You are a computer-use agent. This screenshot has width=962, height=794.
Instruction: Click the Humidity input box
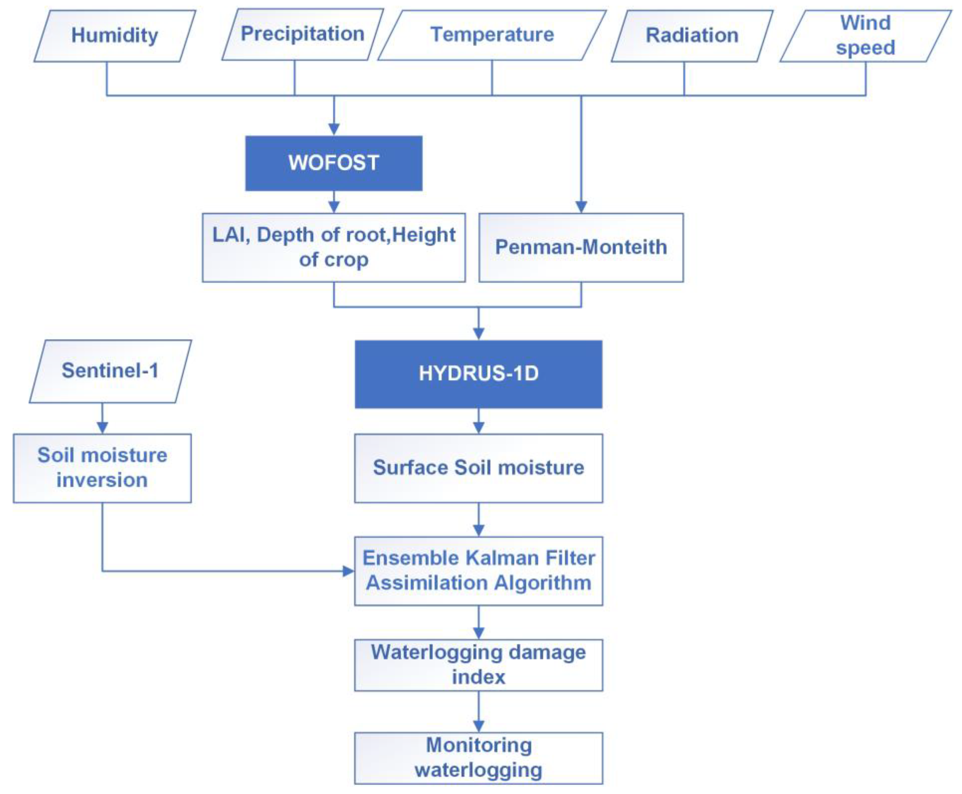(114, 36)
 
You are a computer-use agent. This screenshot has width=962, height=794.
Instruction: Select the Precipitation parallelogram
(302, 34)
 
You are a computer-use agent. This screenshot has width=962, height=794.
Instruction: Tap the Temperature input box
(492, 35)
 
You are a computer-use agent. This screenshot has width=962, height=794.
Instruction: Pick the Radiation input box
(691, 36)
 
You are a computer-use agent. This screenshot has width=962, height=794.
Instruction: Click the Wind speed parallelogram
(865, 36)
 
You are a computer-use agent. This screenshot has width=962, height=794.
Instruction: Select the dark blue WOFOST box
(333, 163)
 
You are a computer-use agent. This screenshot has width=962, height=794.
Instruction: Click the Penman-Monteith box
(581, 247)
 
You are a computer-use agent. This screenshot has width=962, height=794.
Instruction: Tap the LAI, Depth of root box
(333, 247)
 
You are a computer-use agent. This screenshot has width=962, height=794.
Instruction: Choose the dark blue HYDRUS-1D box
(478, 374)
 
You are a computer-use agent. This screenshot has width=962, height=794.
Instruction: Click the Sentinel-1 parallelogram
(110, 371)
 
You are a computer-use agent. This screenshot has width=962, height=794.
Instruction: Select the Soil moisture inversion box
(102, 468)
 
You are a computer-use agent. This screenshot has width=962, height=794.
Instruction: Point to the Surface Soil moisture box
(478, 468)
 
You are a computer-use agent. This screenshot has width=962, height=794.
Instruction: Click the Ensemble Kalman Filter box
(478, 571)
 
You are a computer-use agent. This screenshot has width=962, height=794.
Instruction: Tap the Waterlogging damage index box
(478, 665)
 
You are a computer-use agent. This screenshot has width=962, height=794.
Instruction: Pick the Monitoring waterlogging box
(478, 758)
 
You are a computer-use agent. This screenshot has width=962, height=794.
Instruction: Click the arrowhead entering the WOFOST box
(334, 129)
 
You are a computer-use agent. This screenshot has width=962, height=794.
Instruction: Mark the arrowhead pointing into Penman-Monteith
(581, 207)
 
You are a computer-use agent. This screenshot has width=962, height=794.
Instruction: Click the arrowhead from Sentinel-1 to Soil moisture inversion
(102, 428)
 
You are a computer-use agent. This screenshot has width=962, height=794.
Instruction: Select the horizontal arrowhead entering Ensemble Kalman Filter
(348, 571)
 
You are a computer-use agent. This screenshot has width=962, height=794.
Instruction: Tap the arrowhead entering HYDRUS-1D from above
(478, 333)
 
